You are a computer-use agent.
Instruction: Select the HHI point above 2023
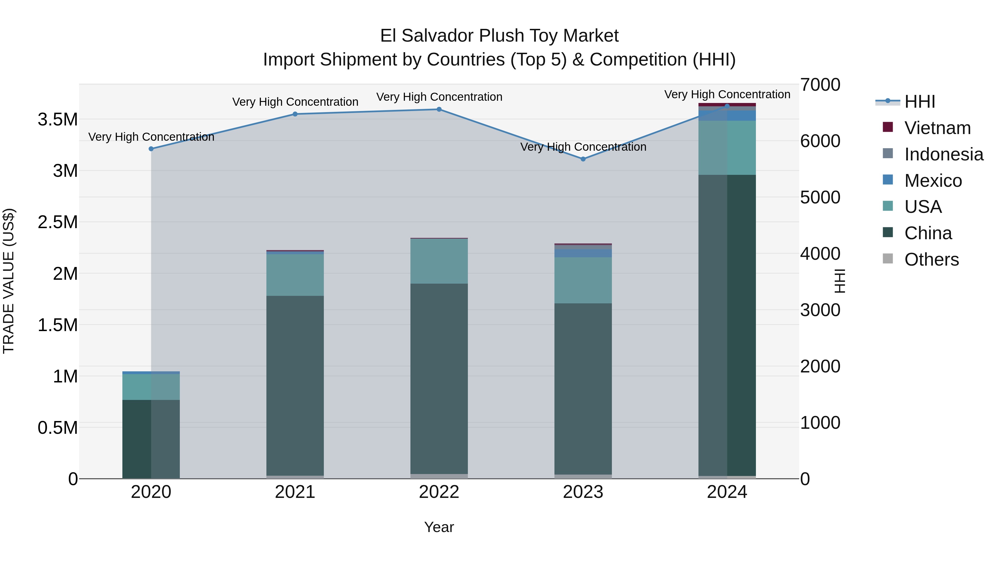pos(583,159)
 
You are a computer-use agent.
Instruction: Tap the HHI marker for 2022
pos(439,109)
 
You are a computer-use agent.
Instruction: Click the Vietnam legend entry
pos(937,128)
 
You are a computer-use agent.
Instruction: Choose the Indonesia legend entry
pos(943,154)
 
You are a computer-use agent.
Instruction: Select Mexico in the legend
pos(933,181)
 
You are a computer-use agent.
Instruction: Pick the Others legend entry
pos(931,259)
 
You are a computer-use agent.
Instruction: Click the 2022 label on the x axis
pos(439,492)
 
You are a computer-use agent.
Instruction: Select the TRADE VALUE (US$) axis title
pos(9,281)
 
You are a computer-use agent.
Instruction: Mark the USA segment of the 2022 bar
pos(439,261)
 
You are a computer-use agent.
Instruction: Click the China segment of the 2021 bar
pos(295,386)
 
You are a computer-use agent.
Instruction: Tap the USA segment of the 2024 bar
pos(727,148)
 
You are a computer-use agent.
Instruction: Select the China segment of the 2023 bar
pos(583,389)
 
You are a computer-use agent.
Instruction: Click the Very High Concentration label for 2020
pos(151,137)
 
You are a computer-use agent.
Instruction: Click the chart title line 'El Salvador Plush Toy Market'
pos(499,36)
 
